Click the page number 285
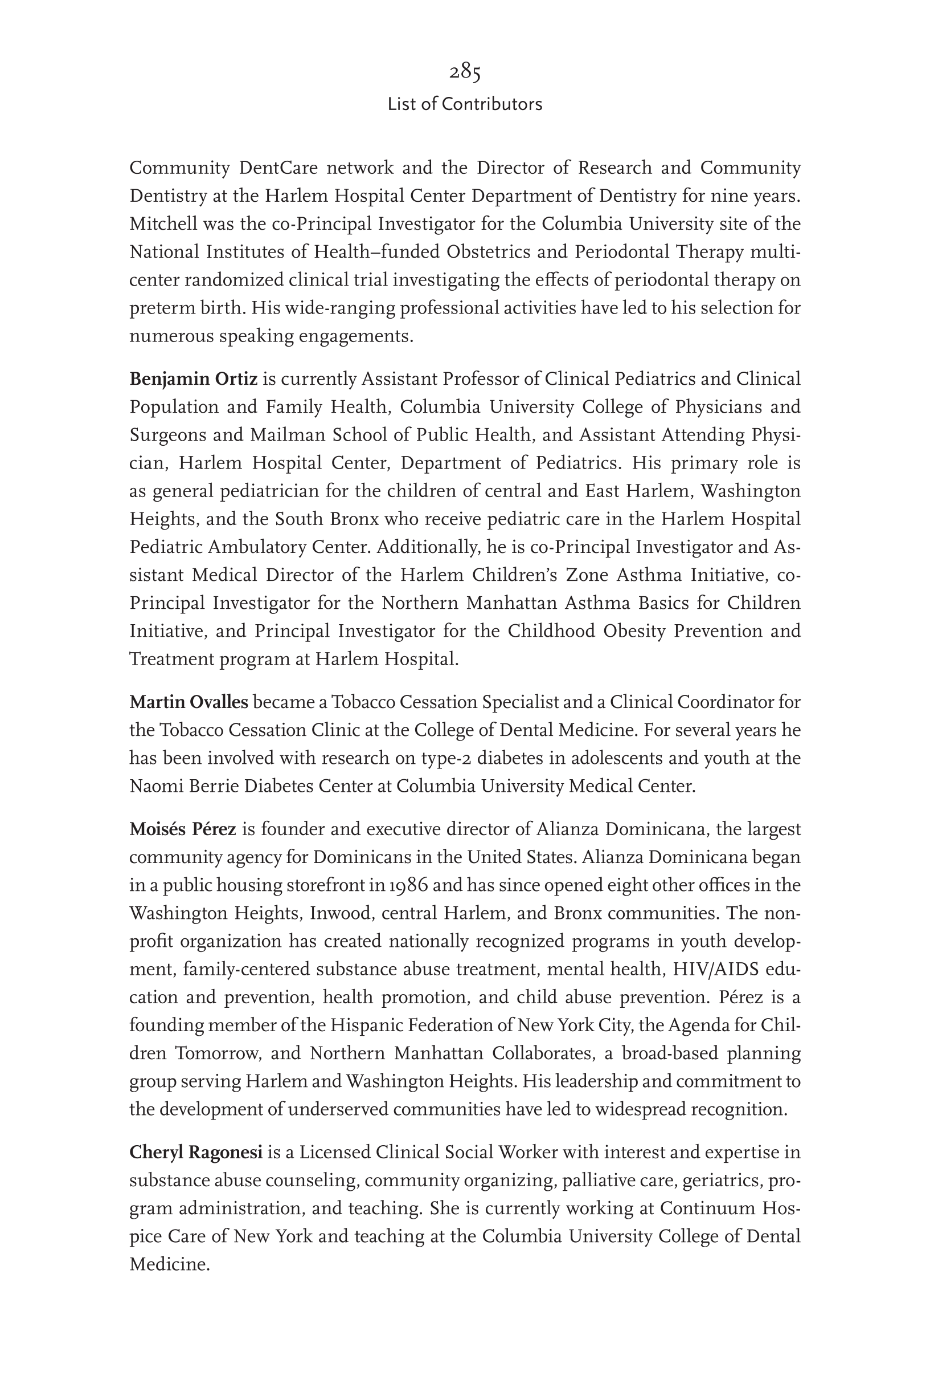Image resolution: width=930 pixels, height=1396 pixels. pos(464,72)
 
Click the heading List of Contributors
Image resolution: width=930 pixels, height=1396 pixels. pos(464,104)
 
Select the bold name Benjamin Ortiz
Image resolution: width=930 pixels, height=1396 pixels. pos(194,378)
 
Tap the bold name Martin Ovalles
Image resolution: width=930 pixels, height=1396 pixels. pos(189,702)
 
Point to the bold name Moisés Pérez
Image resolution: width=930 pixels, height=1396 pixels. pos(183,829)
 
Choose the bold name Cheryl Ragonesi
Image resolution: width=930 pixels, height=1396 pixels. pos(196,1153)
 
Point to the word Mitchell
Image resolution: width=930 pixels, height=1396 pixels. pos(161,225)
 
